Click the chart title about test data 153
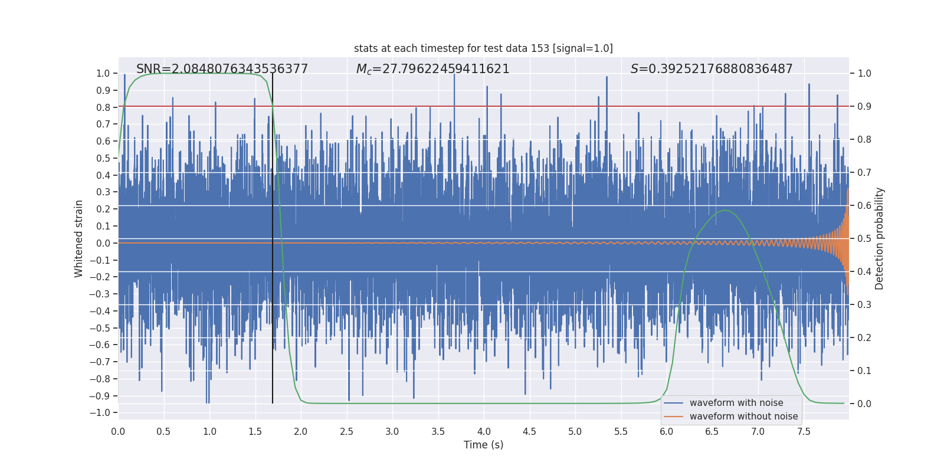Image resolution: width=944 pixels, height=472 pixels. [x=483, y=48]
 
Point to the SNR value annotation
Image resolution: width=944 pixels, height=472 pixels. [x=222, y=69]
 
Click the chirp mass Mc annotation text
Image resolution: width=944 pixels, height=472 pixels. [x=432, y=69]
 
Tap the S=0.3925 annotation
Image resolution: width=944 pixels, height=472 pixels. [x=711, y=69]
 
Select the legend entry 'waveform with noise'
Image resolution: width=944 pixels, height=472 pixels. [x=736, y=403]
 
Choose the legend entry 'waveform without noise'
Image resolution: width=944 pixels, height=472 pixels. [x=743, y=417]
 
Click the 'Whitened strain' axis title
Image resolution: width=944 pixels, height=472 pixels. [x=78, y=238]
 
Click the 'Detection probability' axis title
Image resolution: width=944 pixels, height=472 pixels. [x=880, y=238]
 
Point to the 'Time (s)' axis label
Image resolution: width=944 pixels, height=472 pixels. [x=483, y=445]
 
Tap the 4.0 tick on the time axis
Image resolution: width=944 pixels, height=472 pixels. [x=484, y=431]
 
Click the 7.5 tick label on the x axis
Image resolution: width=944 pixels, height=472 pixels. [x=804, y=431]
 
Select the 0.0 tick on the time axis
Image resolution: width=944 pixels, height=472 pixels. [x=118, y=431]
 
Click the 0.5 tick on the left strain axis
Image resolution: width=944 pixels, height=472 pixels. [x=103, y=158]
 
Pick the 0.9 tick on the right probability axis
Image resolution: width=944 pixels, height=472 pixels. [x=864, y=107]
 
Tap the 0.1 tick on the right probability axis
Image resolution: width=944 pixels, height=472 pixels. [x=864, y=371]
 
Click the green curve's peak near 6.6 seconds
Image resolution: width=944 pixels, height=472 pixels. [x=725, y=210]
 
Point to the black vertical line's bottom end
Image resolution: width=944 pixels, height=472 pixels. [x=273, y=402]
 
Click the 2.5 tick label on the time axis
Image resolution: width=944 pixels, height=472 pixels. [x=346, y=431]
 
